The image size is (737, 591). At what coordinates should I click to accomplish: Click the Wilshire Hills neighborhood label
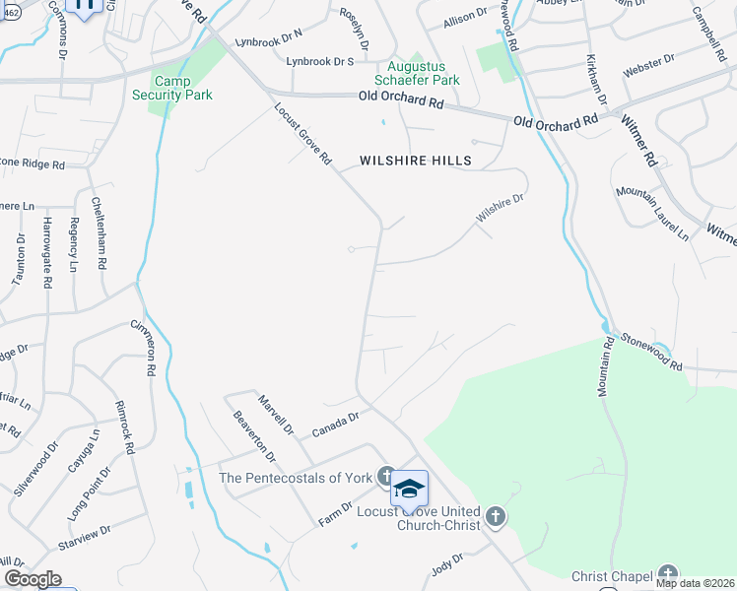tap(415, 160)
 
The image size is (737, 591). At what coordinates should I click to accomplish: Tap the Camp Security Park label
tap(172, 89)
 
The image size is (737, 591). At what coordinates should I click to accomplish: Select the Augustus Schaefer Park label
tap(423, 73)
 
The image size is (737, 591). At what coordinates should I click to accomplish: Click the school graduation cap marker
tap(409, 489)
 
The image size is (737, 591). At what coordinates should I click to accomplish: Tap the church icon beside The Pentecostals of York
tap(385, 477)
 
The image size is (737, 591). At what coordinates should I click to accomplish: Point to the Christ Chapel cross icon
tap(669, 574)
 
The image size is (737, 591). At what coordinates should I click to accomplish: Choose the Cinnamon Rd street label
tap(144, 348)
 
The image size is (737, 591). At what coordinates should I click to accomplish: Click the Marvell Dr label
tap(276, 414)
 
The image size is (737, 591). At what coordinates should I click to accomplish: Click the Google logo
tap(33, 579)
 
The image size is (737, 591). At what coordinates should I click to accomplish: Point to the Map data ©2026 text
tap(695, 583)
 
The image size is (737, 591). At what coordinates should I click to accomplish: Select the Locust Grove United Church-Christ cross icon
tap(495, 515)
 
